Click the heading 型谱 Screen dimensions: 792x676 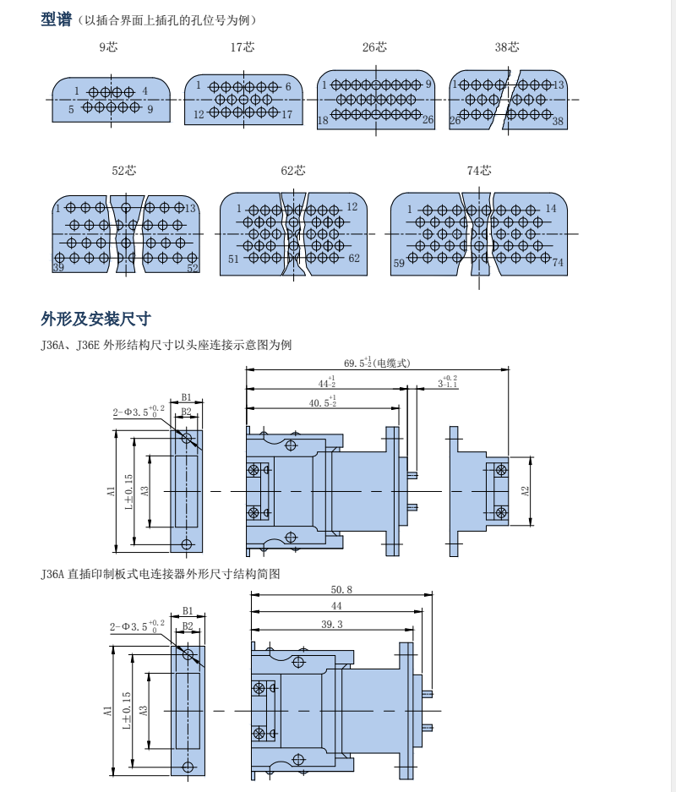coord(57,19)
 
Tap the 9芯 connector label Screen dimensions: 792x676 coord(108,47)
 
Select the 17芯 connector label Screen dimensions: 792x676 coord(243,47)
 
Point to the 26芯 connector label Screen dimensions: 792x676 coord(374,47)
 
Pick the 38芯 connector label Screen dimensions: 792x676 coord(507,47)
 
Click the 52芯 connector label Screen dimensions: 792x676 coord(124,171)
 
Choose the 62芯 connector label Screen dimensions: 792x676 coord(293,171)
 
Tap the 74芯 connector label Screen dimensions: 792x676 coord(479,171)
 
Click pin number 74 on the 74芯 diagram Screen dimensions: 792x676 coord(558,263)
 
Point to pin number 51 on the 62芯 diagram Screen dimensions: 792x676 coord(233,259)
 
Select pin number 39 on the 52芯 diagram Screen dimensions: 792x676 coord(58,267)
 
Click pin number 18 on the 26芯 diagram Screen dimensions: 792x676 coord(323,122)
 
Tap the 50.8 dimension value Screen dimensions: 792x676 coord(341,590)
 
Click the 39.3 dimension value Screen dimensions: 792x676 coord(332,624)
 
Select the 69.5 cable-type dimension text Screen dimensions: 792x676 coord(377,363)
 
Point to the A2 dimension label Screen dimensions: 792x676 coord(525,491)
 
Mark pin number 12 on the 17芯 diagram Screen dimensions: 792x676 coord(199,114)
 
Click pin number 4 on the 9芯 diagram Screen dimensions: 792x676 coord(145,91)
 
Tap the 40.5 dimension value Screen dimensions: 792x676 coord(321,402)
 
